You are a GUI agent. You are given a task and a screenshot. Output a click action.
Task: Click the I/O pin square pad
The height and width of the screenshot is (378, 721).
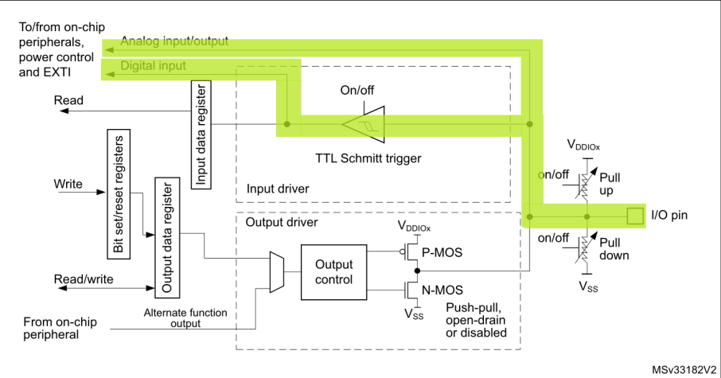[634, 215]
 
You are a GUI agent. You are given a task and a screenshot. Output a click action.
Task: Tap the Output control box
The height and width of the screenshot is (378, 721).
[334, 272]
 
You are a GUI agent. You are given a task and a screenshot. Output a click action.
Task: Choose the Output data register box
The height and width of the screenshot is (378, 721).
[166, 237]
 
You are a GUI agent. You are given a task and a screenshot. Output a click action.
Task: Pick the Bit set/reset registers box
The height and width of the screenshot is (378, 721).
[118, 193]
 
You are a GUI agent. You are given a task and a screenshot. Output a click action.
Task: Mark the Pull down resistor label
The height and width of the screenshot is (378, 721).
[614, 248]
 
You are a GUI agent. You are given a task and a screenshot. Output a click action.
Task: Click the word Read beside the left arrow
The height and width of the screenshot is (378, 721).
[68, 100]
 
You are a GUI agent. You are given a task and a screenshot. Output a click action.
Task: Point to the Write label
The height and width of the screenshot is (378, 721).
[68, 184]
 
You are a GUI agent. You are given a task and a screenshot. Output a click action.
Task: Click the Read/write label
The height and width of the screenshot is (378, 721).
[84, 279]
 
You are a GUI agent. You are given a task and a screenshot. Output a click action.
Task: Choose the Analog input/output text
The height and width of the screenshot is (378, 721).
[174, 41]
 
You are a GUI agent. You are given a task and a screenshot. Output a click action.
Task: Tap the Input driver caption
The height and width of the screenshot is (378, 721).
[277, 189]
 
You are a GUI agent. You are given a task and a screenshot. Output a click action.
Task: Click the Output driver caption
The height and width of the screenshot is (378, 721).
[281, 223]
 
